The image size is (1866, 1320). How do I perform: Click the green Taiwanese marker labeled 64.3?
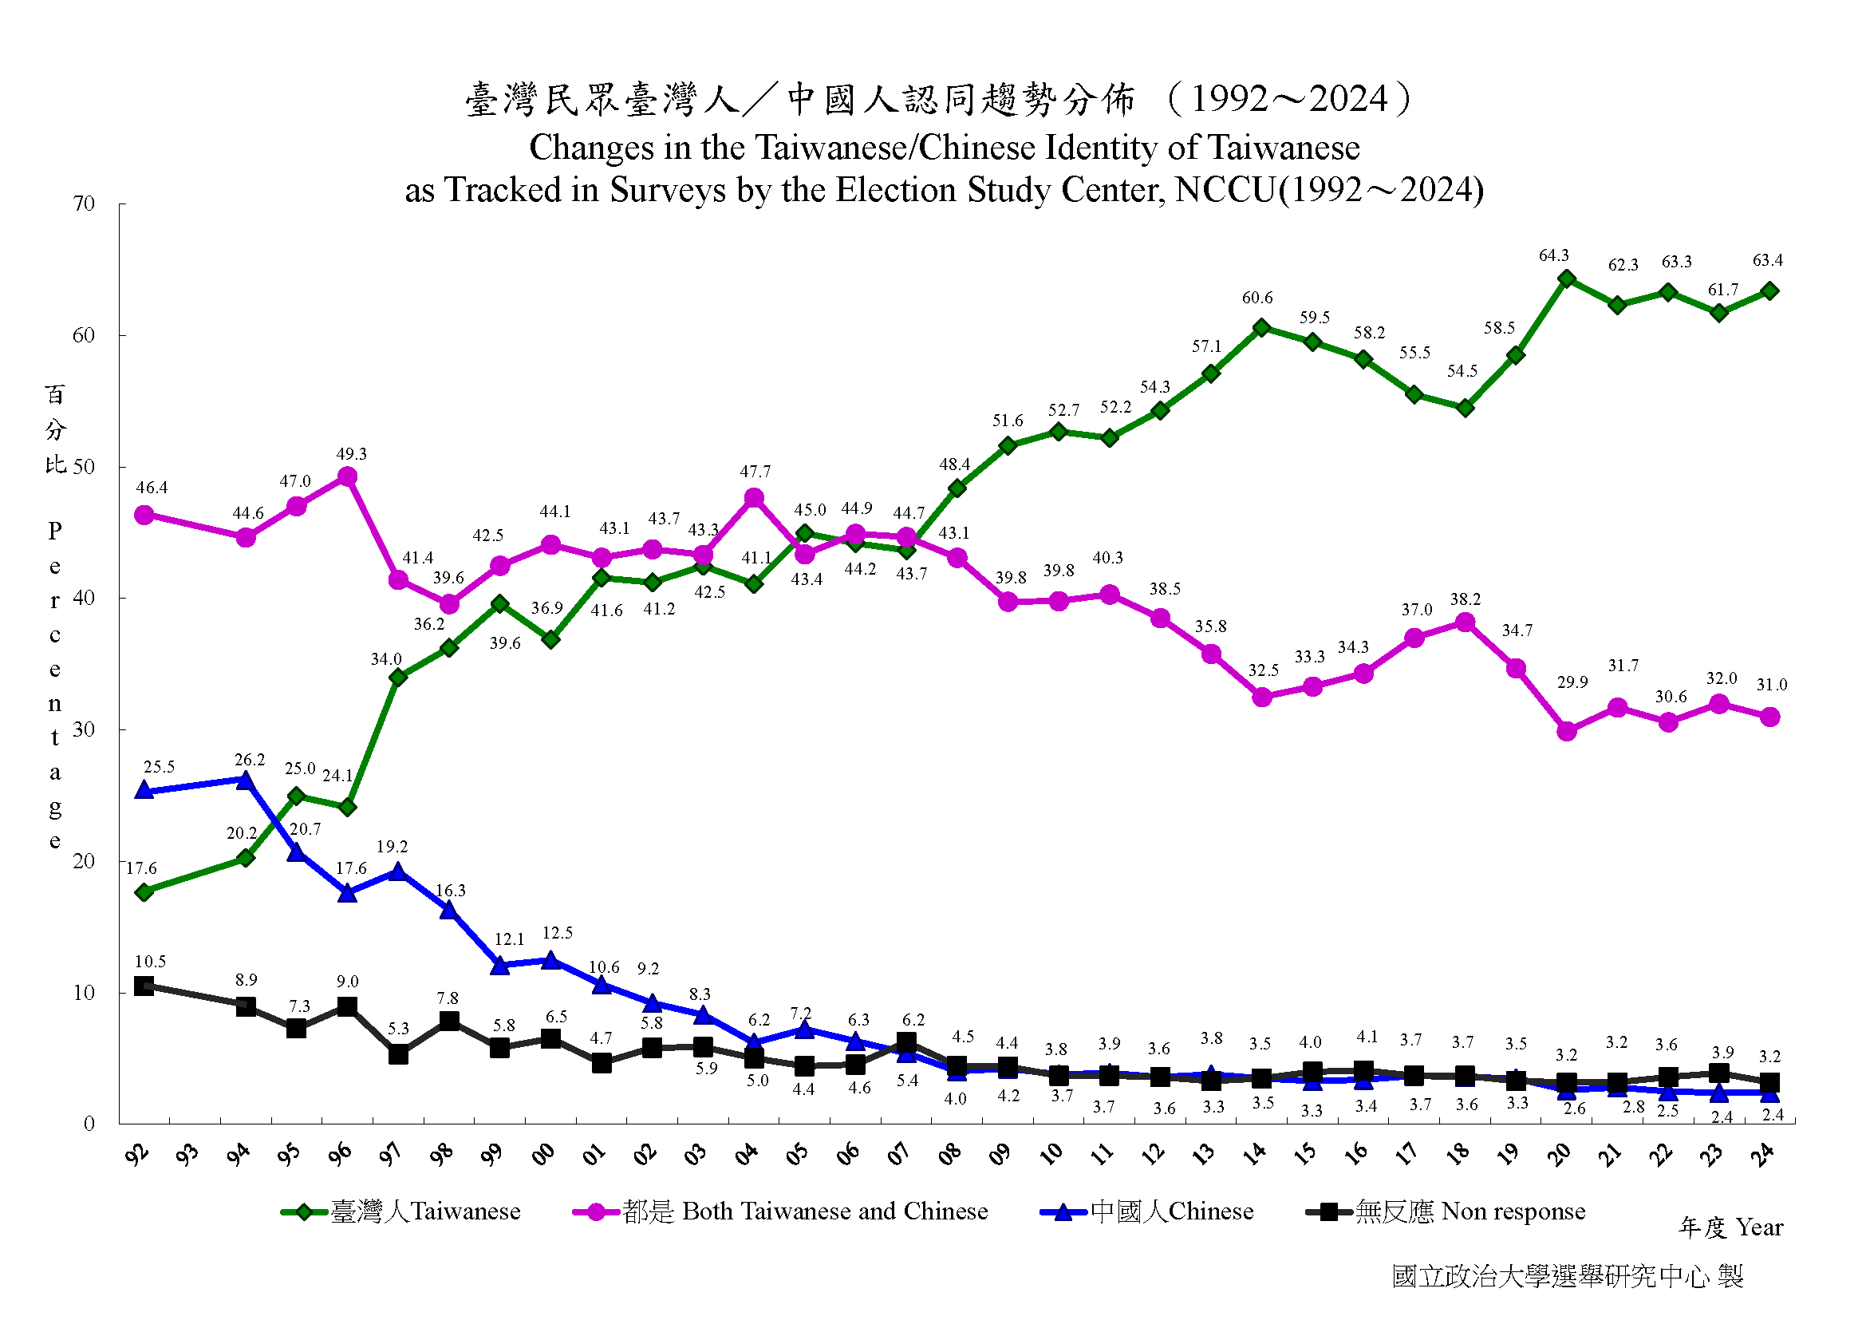[1566, 279]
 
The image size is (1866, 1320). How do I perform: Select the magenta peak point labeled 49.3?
[347, 476]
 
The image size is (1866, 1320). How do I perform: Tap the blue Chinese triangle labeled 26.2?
[245, 781]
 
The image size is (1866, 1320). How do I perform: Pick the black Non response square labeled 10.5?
[144, 986]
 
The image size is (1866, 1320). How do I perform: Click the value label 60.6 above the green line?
[1256, 298]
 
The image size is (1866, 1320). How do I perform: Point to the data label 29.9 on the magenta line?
[1572, 682]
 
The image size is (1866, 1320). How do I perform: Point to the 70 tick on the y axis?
[84, 204]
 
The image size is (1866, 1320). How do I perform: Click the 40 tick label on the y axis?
[84, 598]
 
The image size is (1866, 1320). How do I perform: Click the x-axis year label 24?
[1762, 1152]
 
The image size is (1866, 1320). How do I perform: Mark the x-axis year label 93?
[187, 1152]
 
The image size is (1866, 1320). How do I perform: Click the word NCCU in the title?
[1225, 189]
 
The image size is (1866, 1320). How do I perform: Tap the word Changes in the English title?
[579, 147]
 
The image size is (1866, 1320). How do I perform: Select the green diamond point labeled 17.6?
[144, 891]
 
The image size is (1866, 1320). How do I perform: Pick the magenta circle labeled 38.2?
[1465, 622]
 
